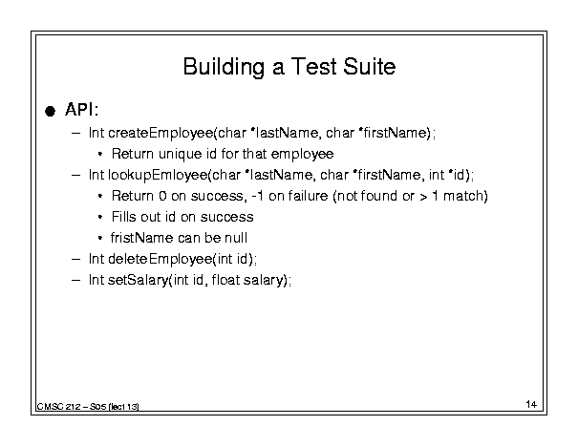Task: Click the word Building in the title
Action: click(x=224, y=67)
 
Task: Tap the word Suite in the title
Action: click(x=369, y=66)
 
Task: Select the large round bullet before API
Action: click(x=50, y=111)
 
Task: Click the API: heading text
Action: click(x=82, y=109)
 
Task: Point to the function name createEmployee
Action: click(x=161, y=133)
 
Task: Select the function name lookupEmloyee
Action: click(x=158, y=175)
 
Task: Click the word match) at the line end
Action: click(x=465, y=196)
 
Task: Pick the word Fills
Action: click(x=124, y=217)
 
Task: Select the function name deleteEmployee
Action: click(x=161, y=259)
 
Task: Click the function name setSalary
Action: click(x=138, y=280)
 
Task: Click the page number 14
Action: click(x=531, y=404)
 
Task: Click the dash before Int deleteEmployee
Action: click(x=75, y=259)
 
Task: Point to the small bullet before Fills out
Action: click(x=100, y=217)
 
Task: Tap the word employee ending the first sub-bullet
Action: click(x=302, y=155)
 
